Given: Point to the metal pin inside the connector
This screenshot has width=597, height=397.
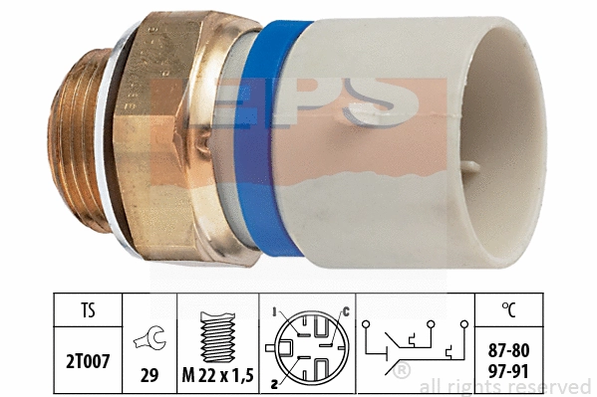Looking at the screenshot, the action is pos(474,167).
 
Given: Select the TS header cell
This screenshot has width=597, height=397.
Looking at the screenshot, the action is pos(88,309).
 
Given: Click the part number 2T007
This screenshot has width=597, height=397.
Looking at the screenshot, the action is pos(88,361).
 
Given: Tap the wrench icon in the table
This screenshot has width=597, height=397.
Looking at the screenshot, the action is pos(149,337).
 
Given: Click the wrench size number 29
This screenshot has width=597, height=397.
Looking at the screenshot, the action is pos(149,375).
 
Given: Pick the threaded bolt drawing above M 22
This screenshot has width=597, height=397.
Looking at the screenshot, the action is pos(218,336).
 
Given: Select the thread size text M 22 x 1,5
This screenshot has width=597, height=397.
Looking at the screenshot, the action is pos(218,375).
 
